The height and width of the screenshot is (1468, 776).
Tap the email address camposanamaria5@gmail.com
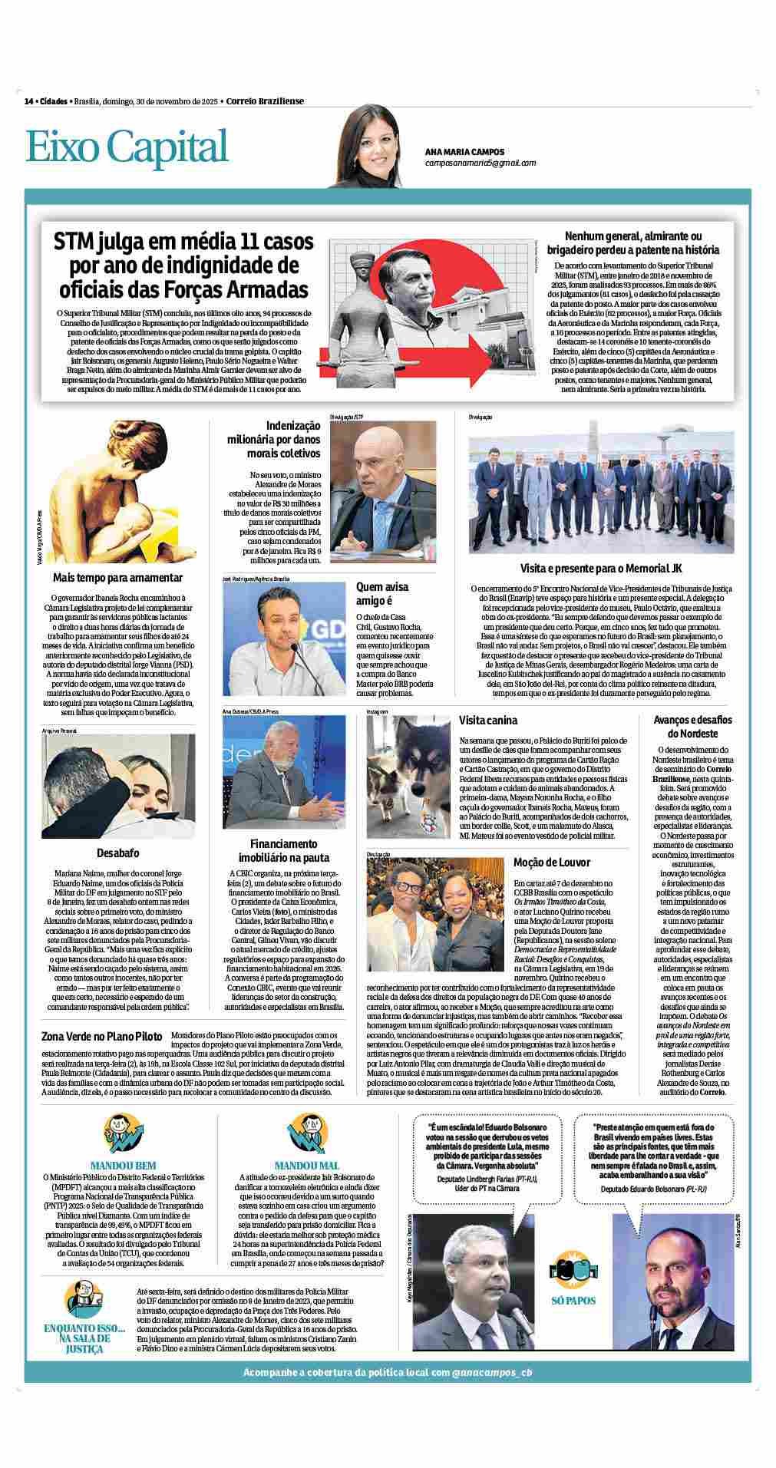(x=480, y=163)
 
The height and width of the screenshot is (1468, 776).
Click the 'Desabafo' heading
(x=117, y=853)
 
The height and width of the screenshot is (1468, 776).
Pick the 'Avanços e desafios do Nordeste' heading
(x=682, y=727)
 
